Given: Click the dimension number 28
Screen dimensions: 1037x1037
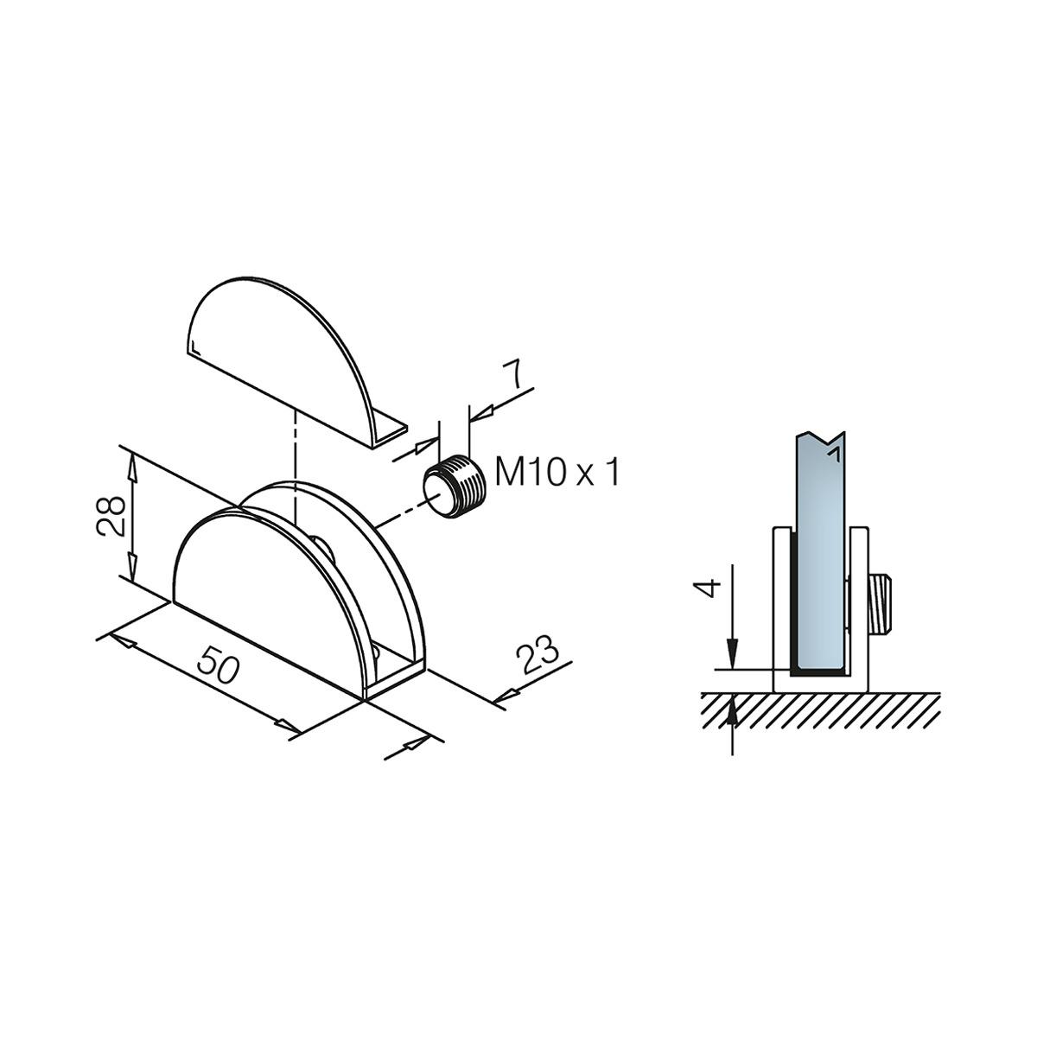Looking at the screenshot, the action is click(111, 517).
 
